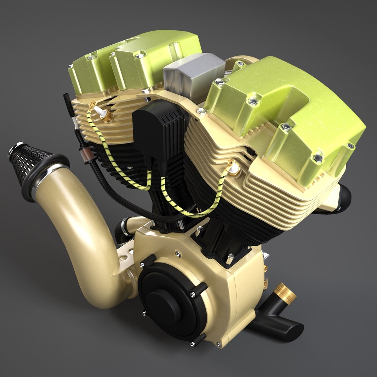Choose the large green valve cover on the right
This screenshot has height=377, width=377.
point(286,115)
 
